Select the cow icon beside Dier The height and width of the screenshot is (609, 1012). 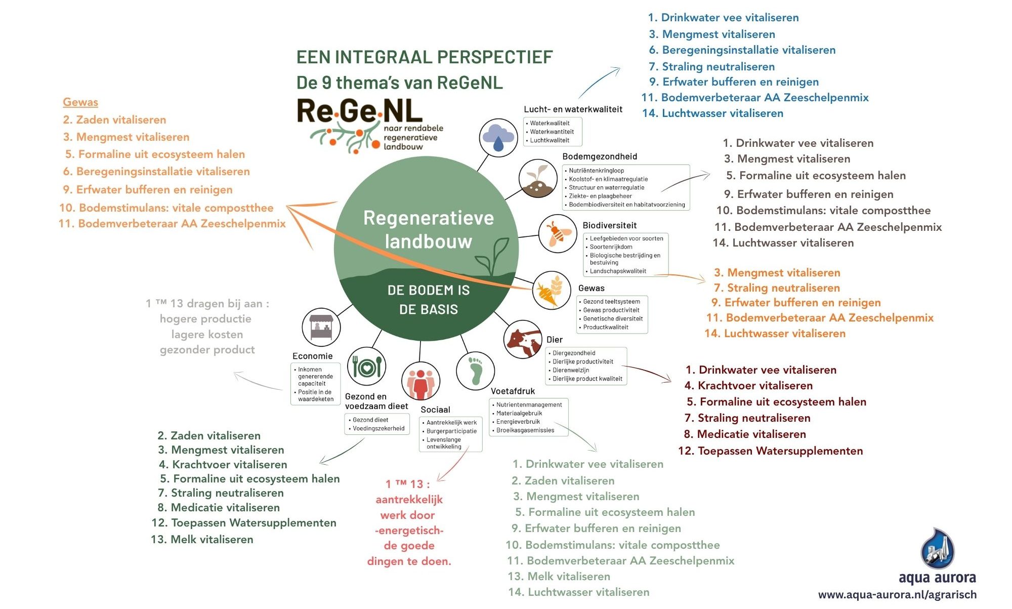point(523,340)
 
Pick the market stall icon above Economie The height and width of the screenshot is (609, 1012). point(321,327)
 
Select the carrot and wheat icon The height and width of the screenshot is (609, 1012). point(552,290)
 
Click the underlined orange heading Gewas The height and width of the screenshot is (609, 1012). point(80,102)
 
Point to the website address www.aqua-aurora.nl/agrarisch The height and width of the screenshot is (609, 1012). point(898,595)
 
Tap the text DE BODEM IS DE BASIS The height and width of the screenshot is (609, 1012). point(429,300)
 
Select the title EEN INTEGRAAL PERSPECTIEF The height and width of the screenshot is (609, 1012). point(425,57)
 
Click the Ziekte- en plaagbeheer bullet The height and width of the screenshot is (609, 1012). point(599,196)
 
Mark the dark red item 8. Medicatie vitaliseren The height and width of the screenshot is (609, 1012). point(745,434)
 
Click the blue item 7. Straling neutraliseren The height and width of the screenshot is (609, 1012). point(712,66)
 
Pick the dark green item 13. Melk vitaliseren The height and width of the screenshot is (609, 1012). point(202,540)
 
